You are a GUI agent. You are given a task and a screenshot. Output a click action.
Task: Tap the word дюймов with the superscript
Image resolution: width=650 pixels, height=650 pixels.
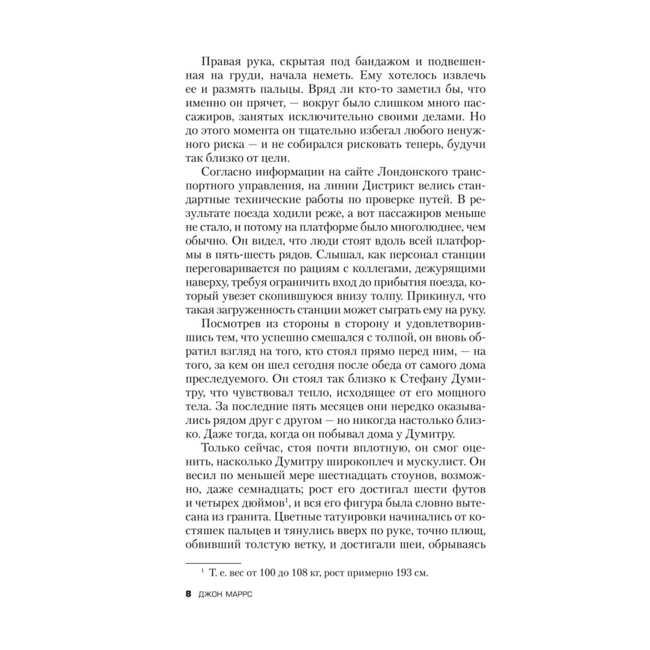pos(264,504)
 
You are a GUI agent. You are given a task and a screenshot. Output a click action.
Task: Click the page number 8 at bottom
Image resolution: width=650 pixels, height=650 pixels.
pos(188,595)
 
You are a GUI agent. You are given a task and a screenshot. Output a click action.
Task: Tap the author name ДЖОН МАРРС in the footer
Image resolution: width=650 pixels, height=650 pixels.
pos(225,595)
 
